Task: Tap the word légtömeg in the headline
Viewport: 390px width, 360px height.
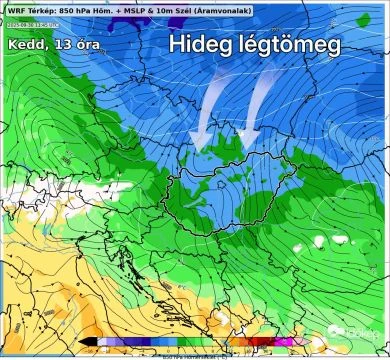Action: tap(290, 46)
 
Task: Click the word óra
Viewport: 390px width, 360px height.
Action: tap(88, 46)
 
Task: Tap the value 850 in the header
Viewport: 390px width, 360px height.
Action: tap(67, 8)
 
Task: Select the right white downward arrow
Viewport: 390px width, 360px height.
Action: tap(256, 105)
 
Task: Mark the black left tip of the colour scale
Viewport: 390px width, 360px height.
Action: tap(92, 342)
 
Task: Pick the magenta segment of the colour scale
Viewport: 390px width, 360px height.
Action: tap(287, 342)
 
